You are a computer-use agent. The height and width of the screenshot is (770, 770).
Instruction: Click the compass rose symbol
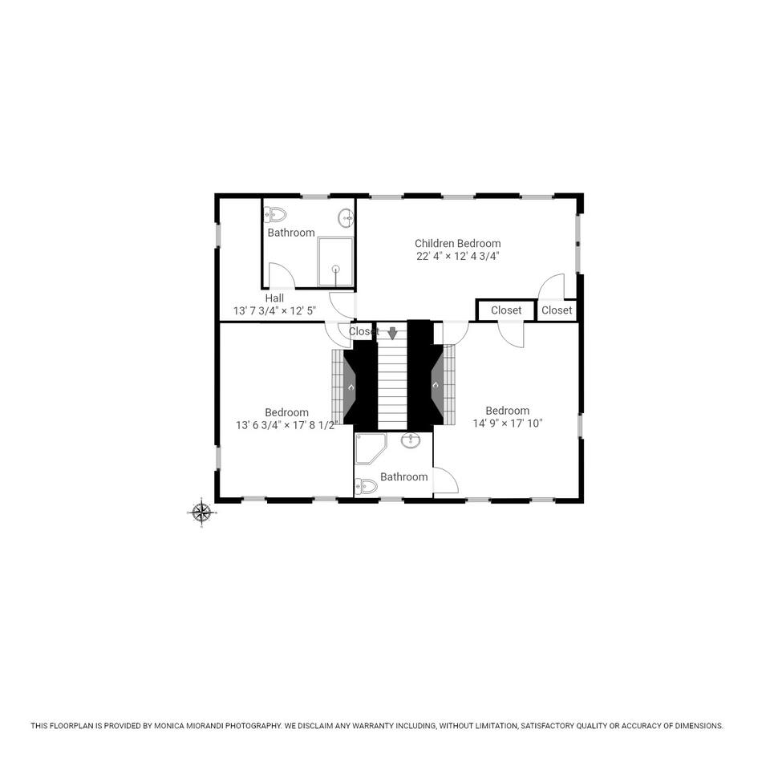(x=201, y=513)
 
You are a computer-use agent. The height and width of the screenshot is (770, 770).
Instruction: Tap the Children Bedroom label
(x=458, y=243)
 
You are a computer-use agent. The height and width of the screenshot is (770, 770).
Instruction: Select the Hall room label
(x=274, y=298)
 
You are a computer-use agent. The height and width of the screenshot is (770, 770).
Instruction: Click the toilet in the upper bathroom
(x=275, y=215)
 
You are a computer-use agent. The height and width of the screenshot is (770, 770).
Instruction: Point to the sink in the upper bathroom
(x=346, y=217)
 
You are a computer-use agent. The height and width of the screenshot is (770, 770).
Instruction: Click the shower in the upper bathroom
(x=335, y=261)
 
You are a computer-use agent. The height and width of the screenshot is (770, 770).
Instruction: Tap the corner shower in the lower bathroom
(x=371, y=448)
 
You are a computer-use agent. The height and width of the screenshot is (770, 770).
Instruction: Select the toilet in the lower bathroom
(x=366, y=487)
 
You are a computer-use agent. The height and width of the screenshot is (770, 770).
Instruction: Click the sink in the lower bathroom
(x=411, y=440)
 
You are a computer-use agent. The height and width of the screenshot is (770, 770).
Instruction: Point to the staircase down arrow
(x=392, y=334)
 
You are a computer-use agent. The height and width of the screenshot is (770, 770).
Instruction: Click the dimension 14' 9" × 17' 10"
(x=508, y=423)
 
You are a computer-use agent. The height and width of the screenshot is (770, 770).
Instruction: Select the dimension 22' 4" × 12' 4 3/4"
(x=458, y=256)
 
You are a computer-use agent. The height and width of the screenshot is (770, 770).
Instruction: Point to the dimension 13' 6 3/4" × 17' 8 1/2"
(x=286, y=425)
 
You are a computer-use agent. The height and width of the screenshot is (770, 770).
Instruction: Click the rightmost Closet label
(x=557, y=310)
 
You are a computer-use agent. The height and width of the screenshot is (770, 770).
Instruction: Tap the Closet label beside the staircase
(x=364, y=331)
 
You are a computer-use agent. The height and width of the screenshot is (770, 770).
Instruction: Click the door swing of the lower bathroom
(x=446, y=480)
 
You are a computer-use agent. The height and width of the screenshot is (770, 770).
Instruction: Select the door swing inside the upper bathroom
(x=282, y=275)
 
